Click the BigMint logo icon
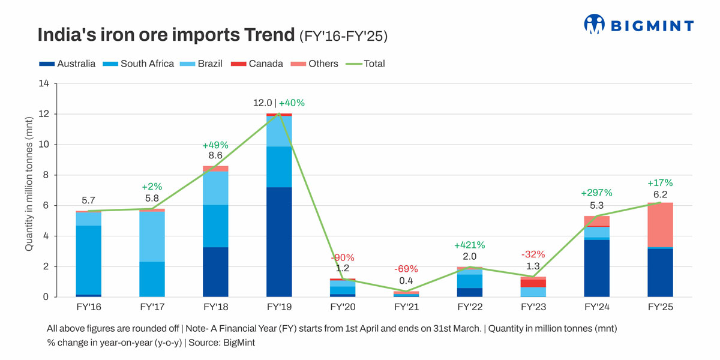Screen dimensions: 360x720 (593, 24)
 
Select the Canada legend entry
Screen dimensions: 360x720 (258, 64)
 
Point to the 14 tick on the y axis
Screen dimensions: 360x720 (43, 83)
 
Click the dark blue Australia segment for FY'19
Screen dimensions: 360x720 (278, 242)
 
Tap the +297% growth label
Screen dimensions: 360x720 (596, 193)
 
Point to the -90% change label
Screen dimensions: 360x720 (342, 257)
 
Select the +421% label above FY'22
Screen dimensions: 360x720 (469, 245)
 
